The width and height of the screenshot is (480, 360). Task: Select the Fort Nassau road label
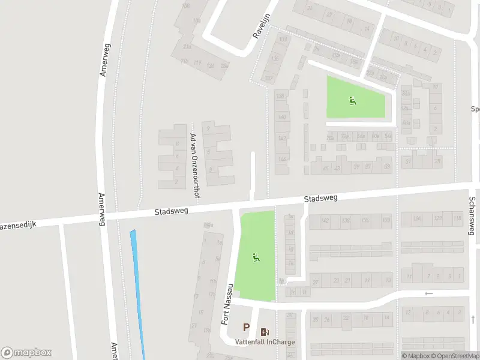227,305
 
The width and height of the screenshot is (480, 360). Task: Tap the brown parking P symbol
246,328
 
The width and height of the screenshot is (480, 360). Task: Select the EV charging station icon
265,332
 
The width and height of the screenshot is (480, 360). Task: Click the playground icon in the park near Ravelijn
352,100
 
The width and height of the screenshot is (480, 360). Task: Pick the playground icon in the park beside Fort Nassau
256,258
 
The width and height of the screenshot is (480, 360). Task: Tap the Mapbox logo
26,353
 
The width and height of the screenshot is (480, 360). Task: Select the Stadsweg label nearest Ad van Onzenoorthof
172,211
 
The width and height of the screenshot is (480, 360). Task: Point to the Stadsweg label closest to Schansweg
320,198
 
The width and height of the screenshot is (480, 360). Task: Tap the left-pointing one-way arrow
428,293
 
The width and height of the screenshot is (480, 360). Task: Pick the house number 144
281,159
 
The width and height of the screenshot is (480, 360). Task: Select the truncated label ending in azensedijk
18,224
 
